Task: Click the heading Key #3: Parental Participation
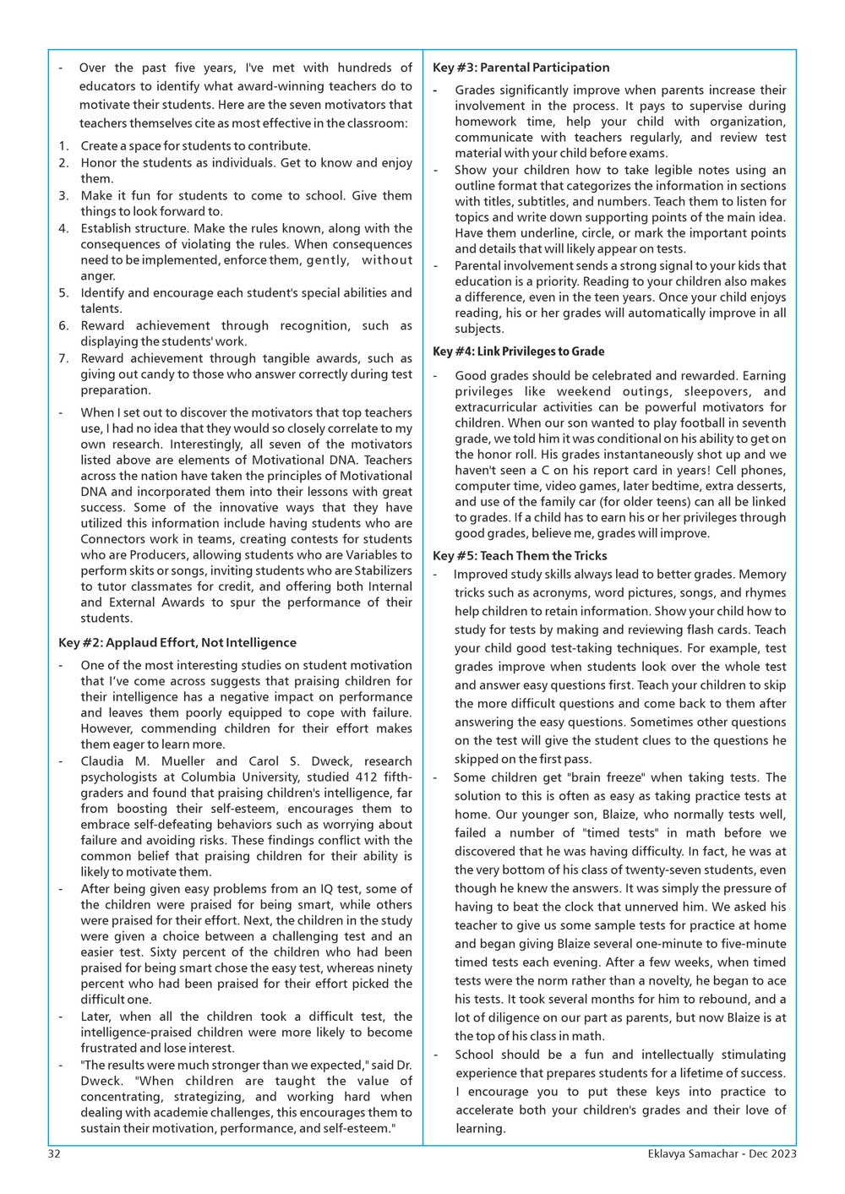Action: coord(521,68)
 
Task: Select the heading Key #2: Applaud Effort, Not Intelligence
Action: coord(177,643)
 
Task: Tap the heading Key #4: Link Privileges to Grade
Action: coord(518,352)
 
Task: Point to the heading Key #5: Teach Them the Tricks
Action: coord(520,556)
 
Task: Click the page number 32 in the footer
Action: coord(54,1153)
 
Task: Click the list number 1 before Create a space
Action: coord(63,146)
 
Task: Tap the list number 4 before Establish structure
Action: coord(63,228)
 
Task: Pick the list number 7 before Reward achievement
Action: coord(63,358)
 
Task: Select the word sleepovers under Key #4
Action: coord(715,392)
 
